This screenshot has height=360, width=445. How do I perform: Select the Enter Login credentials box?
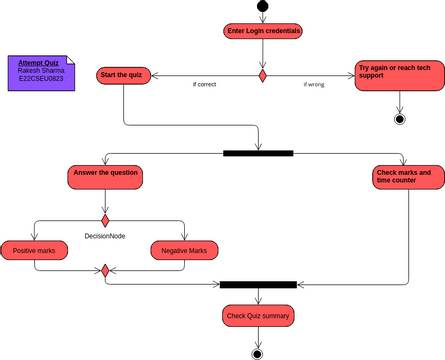pyautogui.click(x=263, y=31)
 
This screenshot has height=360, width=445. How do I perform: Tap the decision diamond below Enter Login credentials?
pyautogui.click(x=263, y=75)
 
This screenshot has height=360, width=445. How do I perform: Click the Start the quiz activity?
pyautogui.click(x=123, y=75)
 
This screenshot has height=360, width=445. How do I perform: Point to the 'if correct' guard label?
pyautogui.click(x=204, y=85)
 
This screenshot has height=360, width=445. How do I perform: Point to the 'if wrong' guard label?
pyautogui.click(x=313, y=85)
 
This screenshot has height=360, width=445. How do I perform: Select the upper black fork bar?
pyautogui.click(x=258, y=153)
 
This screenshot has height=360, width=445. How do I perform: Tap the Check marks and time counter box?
pyautogui.click(x=405, y=178)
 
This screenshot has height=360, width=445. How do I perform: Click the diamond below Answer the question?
pyautogui.click(x=105, y=219)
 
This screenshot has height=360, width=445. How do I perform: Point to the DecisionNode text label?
pyautogui.click(x=105, y=237)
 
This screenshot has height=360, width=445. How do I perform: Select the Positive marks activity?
pyautogui.click(x=34, y=250)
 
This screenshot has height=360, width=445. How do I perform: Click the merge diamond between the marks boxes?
pyautogui.click(x=105, y=270)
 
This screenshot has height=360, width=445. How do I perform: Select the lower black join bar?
pyautogui.click(x=258, y=285)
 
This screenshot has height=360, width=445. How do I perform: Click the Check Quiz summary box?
pyautogui.click(x=258, y=316)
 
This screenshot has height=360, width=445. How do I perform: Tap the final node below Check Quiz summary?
pyautogui.click(x=258, y=353)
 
